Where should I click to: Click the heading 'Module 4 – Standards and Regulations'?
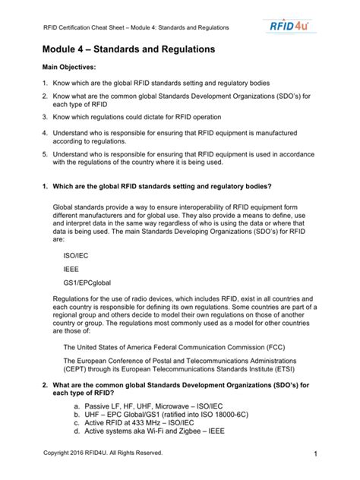click(123, 49)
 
